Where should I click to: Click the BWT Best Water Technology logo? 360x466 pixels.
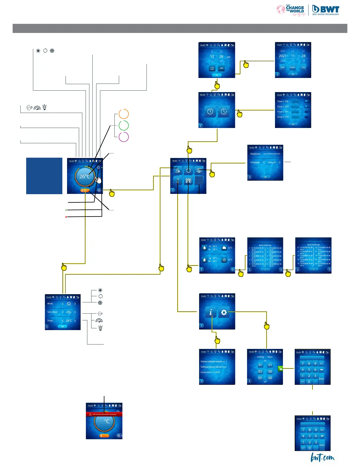coord(326,10)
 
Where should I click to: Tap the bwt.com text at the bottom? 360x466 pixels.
coord(323,458)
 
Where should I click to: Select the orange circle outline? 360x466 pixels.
coord(124,114)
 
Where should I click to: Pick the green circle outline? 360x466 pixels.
coord(124,126)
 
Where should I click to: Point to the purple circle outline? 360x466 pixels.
coord(124,137)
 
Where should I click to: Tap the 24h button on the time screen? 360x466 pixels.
coord(221,68)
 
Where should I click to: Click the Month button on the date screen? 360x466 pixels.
coord(293,67)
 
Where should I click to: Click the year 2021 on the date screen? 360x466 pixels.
coord(283,56)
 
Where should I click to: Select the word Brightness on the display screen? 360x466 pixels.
coord(255,154)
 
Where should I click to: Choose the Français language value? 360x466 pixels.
coord(271,162)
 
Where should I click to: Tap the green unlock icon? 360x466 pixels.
coord(280,368)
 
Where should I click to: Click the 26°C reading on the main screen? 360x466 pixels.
coord(85,177)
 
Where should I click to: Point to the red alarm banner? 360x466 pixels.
coord(104,414)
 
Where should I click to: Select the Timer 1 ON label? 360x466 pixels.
coord(283,101)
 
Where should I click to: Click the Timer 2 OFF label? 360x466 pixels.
coord(283,117)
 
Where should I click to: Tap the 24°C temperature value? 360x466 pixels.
coord(69,321)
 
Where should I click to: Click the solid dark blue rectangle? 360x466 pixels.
coord(44,176)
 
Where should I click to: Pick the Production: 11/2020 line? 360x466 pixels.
coord(210,372)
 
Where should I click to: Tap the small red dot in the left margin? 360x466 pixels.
coord(66,217)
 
